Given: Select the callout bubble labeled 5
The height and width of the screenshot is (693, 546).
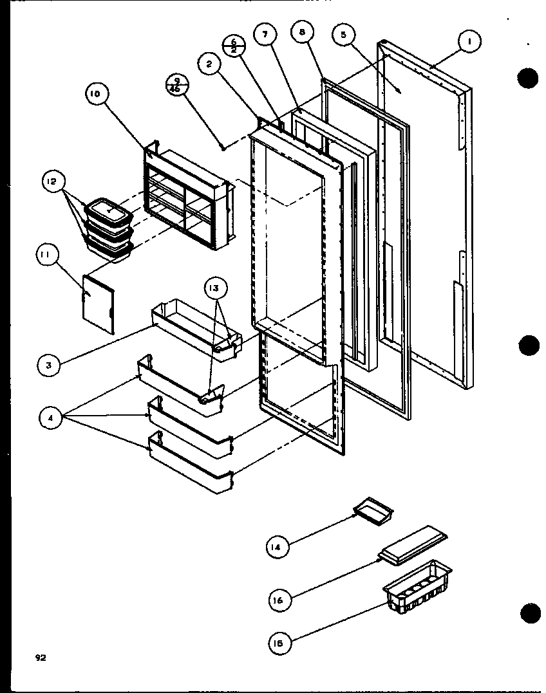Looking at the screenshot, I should [x=344, y=35].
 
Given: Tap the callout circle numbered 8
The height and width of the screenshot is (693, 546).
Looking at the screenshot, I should [x=301, y=32].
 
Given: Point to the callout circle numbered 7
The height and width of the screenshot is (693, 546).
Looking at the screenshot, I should [x=264, y=35].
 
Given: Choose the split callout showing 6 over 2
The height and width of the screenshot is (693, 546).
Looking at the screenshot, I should [x=232, y=46].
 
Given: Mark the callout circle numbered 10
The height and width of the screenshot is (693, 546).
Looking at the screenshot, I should [x=95, y=95].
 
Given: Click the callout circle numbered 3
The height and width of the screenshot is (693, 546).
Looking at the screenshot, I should [x=49, y=365].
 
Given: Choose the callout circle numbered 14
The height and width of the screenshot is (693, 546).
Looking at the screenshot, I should [x=276, y=547].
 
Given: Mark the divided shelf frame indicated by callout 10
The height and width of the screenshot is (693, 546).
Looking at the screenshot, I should [x=187, y=196].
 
